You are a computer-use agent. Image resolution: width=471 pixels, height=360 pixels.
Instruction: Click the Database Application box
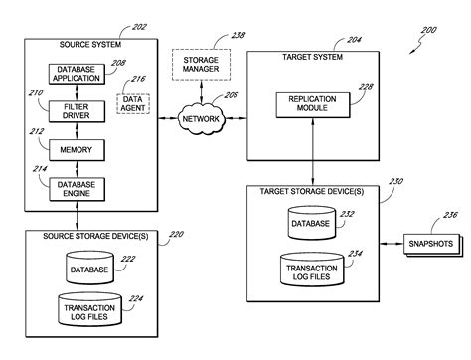77,74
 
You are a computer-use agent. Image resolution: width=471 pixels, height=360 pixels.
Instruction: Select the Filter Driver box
77,111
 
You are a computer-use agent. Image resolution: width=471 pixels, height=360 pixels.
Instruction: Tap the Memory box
77,150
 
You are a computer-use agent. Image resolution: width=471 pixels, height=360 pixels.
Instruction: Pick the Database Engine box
77,189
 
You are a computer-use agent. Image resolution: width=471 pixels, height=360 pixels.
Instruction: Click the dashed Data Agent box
133,104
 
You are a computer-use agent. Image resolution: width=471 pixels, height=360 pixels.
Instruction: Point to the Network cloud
201,119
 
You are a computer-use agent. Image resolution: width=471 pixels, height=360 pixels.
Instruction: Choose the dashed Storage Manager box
201,65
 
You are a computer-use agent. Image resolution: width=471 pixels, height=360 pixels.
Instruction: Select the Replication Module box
313,105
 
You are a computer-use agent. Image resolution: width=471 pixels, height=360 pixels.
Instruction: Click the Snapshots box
431,245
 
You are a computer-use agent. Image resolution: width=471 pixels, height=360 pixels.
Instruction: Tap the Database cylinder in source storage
89,268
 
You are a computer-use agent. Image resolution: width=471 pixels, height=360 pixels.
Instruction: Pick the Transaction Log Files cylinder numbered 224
89,309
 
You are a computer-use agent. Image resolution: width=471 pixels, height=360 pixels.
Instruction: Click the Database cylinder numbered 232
311,223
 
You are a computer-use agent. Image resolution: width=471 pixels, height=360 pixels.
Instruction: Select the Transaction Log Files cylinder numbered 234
312,270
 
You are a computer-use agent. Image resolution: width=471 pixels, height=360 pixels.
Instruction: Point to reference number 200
429,30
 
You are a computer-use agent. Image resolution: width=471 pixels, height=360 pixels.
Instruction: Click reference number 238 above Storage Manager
237,35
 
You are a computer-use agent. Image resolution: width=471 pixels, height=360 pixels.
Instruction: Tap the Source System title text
90,45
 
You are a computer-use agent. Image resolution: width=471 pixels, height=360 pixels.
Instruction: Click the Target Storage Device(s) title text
312,192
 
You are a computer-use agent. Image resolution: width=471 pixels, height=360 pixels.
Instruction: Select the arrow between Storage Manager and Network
201,91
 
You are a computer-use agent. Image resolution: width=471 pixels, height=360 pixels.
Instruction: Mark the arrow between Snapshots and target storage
392,244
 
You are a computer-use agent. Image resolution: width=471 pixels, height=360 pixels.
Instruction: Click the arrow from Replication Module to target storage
313,151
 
